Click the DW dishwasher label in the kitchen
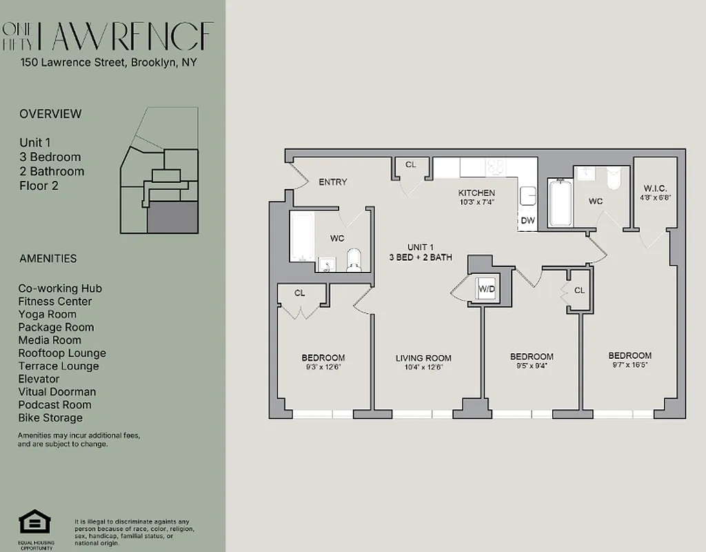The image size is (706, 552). pos(527,221)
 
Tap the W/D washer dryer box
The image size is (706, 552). pos(486,288)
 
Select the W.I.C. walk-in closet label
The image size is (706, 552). pos(655,188)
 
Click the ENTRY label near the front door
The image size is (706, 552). pos(332,182)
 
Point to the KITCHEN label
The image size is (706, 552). pos(476,193)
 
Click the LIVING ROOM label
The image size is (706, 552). pos(423,357)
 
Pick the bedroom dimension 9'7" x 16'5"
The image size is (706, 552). pos(629,365)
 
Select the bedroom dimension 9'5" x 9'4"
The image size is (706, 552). pos(532,366)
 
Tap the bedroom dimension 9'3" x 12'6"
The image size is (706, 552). pos(323,367)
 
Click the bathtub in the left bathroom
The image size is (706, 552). pos(302,237)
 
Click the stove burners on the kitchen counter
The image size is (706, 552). pos(495,166)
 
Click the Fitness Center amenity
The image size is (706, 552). pos(55,302)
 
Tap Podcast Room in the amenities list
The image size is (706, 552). pos(55,405)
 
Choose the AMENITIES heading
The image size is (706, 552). pos(48,259)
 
